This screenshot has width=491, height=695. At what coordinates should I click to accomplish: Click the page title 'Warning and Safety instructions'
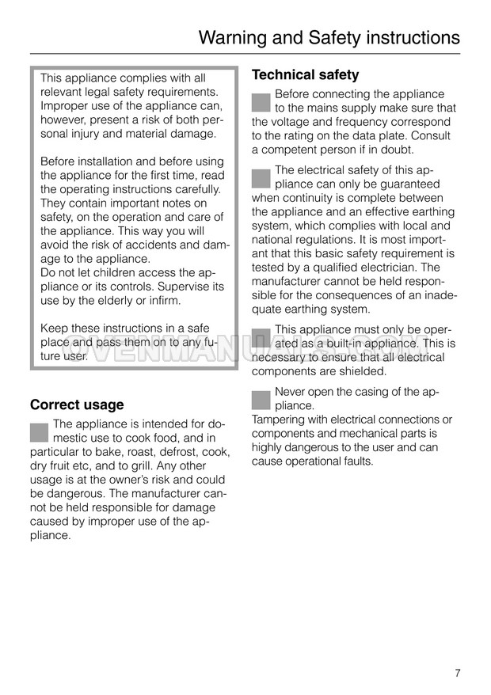[329, 37]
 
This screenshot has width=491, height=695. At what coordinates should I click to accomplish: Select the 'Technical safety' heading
[305, 75]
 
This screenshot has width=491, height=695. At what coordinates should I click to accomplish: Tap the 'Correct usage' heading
[77, 404]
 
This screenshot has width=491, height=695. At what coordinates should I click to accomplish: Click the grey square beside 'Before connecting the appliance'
[261, 102]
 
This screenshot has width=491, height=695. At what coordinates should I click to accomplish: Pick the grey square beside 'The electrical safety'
[261, 178]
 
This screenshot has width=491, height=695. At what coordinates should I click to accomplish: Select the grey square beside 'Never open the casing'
[261, 400]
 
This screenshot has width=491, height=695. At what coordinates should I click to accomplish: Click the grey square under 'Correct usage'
[40, 432]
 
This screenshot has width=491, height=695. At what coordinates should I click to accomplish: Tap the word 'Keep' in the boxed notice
[54, 329]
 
